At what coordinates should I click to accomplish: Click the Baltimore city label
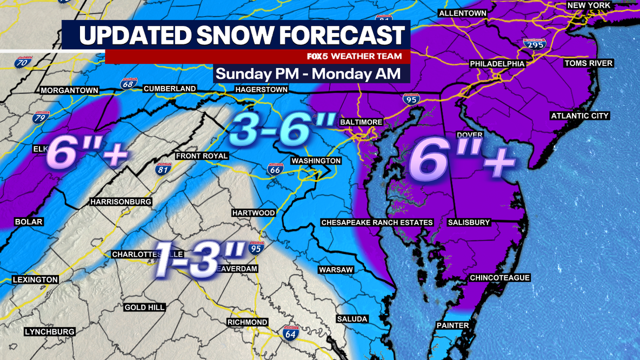[x=361, y=122]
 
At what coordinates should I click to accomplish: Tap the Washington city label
[x=316, y=161]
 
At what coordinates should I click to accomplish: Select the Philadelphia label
[x=497, y=64]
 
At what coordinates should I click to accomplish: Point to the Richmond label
[x=248, y=322]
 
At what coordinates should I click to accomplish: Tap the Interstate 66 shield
[x=275, y=170]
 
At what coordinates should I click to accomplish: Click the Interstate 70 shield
[x=22, y=62]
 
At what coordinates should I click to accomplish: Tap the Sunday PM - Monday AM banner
[x=308, y=74]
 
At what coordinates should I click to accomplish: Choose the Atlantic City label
[x=580, y=116]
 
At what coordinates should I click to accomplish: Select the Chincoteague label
[x=499, y=278]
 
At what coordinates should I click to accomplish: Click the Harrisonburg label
[x=121, y=202]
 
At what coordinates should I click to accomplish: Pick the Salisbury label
[x=469, y=222]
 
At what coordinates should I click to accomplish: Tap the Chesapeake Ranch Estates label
[x=377, y=222]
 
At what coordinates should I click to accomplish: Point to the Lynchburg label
[x=49, y=331]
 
